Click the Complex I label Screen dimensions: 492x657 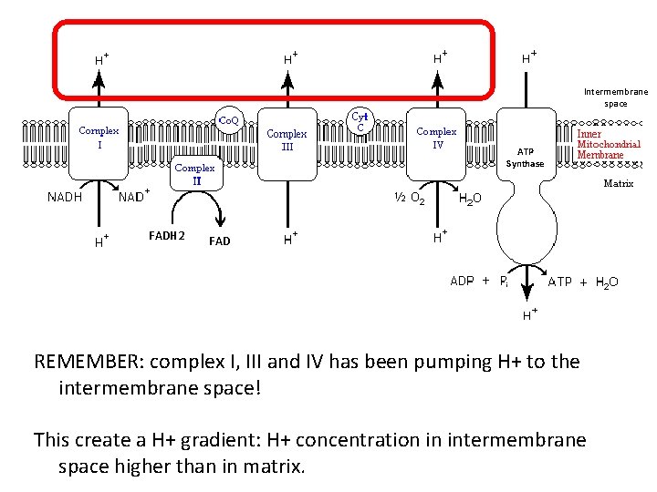(99, 138)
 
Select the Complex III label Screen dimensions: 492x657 (287, 140)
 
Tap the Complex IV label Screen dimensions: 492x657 (436, 138)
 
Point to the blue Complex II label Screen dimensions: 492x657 (195, 174)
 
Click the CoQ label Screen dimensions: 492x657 (227, 119)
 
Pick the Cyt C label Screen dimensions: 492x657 (360, 121)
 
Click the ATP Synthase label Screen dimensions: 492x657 (526, 158)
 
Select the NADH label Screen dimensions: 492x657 (65, 196)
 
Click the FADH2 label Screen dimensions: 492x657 (166, 237)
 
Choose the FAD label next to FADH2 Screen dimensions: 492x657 (219, 241)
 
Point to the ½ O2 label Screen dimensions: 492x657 (408, 197)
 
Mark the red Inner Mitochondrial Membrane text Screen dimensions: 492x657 (609, 144)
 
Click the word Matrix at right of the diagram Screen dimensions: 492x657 (619, 184)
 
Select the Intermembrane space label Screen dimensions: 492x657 (615, 97)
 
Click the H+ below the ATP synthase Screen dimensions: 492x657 (528, 316)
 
